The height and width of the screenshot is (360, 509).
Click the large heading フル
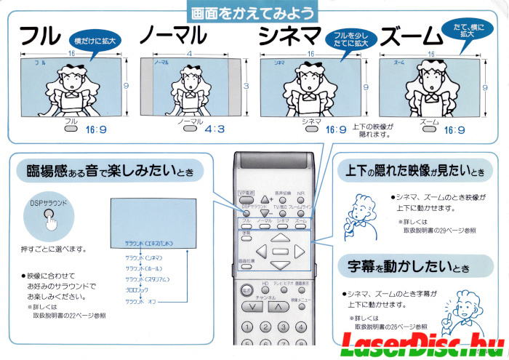click(x=39, y=36)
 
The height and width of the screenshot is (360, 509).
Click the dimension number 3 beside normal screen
click(x=246, y=86)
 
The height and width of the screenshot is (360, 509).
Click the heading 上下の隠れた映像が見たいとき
click(x=411, y=172)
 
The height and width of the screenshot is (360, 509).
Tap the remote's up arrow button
click(x=280, y=238)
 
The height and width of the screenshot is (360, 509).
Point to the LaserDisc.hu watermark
click(x=422, y=343)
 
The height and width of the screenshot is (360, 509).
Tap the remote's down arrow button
click(x=280, y=265)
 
